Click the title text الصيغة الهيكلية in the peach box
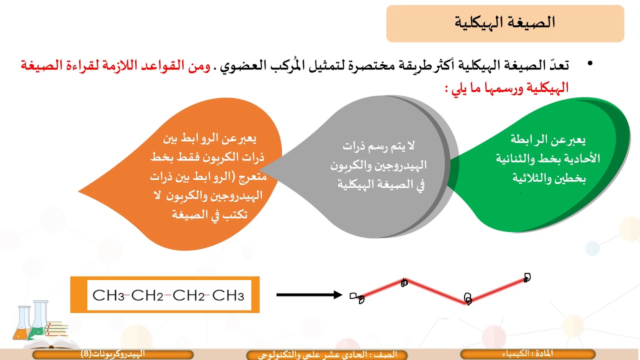[505, 23]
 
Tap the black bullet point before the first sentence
[590, 64]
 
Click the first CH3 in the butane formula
[108, 295]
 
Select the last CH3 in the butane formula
[228, 295]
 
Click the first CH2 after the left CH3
[148, 295]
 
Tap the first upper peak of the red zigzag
[404, 282]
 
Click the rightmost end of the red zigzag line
[526, 277]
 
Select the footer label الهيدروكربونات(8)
[113, 354]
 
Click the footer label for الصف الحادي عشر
[328, 354]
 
